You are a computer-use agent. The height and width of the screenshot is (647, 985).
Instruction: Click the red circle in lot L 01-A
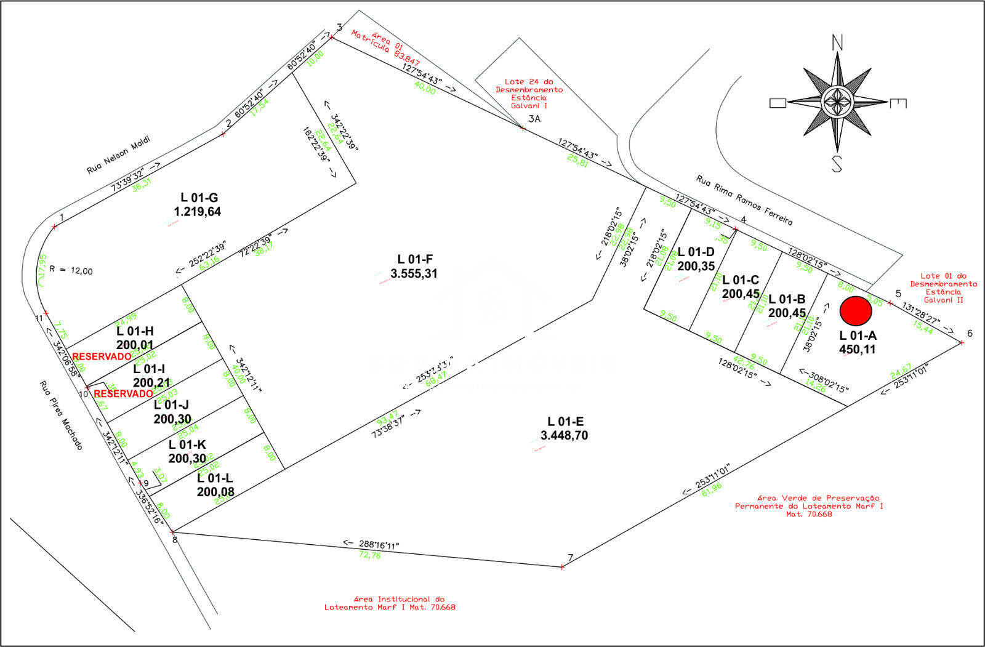pos(856,311)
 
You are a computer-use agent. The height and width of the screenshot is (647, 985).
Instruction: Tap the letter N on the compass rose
pos(837,42)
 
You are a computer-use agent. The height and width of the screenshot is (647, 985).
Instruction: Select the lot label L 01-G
pos(199,198)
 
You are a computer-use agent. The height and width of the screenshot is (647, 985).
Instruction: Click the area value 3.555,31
pos(414,273)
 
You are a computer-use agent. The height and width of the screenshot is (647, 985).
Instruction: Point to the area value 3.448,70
pos(565,435)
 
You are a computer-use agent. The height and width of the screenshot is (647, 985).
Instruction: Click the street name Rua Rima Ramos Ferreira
pos(744,200)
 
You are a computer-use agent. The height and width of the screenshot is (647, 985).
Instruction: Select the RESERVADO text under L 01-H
pos(102,356)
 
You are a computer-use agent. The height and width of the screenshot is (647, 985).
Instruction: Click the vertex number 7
pos(570,558)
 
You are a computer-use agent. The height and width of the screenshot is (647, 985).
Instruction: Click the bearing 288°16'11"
pos(379,545)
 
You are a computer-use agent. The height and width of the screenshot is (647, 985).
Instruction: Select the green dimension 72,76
pos(371,555)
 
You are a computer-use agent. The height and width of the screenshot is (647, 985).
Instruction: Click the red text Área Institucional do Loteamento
pos(390,603)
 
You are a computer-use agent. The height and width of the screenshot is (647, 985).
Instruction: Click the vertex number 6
pos(970,334)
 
